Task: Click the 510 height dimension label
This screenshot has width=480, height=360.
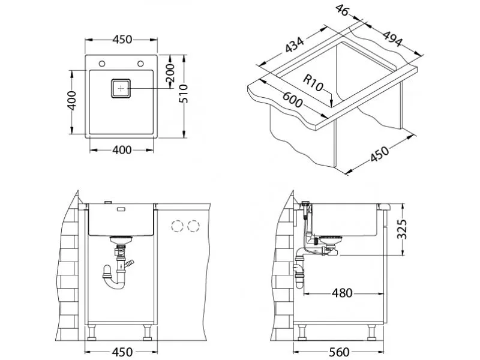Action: tap(184, 94)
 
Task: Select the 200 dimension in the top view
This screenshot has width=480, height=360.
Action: tap(170, 73)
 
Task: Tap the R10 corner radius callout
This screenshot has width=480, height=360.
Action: tap(313, 83)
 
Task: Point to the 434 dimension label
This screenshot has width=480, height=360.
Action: tap(295, 44)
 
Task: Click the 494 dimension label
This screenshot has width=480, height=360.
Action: tap(392, 38)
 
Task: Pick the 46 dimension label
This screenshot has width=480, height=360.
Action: tap(342, 10)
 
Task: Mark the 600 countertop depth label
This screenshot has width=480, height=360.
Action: tap(292, 99)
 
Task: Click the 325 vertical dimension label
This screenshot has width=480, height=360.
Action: tap(401, 229)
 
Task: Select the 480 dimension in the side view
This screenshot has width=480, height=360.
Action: tap(342, 293)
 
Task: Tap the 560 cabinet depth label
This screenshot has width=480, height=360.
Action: tap(339, 352)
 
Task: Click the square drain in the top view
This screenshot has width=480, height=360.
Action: tap(121, 88)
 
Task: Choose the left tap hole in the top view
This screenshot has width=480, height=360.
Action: tap(102, 64)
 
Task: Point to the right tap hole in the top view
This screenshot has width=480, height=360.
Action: tap(140, 64)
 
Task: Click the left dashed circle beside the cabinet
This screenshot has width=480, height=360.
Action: tap(177, 226)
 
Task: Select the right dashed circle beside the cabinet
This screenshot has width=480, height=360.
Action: tap(193, 226)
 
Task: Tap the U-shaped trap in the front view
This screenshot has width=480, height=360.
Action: tap(114, 277)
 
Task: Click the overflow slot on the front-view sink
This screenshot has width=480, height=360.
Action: tap(121, 209)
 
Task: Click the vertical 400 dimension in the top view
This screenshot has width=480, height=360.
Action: tap(71, 100)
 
